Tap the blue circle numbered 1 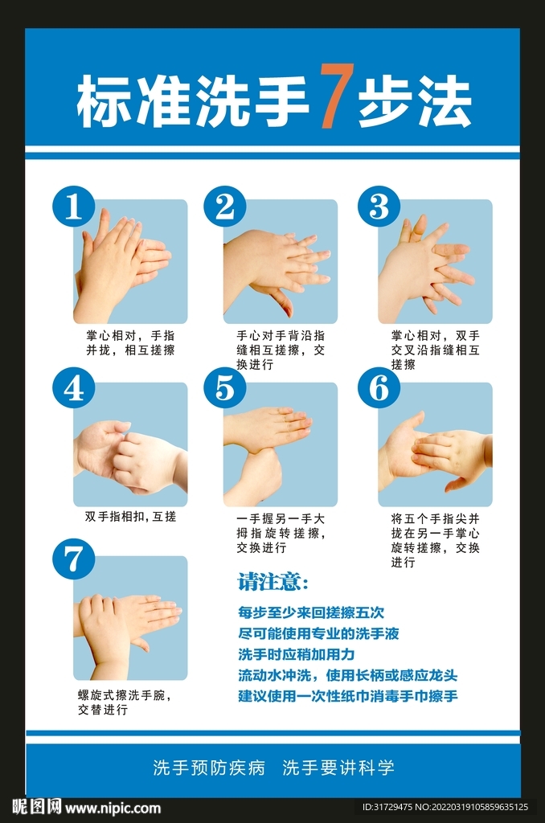(x=74, y=207)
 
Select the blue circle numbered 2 (x=225, y=207)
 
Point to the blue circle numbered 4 (x=74, y=389)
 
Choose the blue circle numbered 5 (x=225, y=389)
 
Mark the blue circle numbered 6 (x=379, y=389)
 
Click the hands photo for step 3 (x=435, y=262)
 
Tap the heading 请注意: (x=272, y=581)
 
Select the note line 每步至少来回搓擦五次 (x=311, y=612)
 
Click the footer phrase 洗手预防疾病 (x=209, y=768)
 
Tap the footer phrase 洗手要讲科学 (x=338, y=768)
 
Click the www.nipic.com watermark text (x=113, y=808)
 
